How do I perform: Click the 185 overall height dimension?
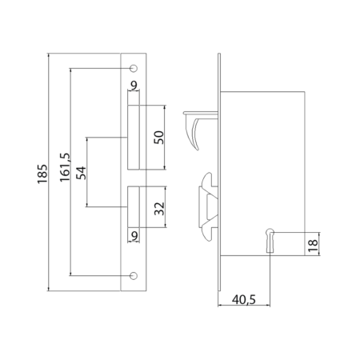click(x=42, y=174)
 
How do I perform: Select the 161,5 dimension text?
click(x=65, y=167)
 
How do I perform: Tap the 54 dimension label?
click(x=82, y=173)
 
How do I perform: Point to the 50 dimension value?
click(x=159, y=138)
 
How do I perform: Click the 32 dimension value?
click(x=159, y=209)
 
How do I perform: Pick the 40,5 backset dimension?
click(x=244, y=299)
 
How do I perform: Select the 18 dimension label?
click(x=313, y=246)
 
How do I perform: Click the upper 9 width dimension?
click(x=134, y=86)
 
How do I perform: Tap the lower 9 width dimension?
click(x=135, y=236)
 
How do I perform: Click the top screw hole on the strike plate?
click(x=134, y=68)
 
